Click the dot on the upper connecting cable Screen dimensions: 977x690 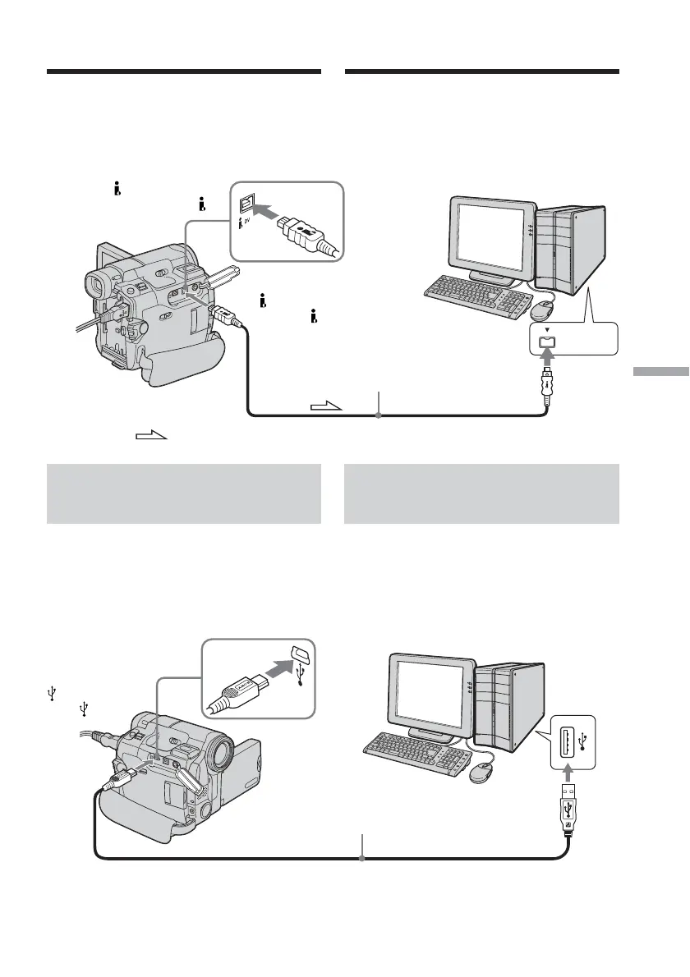(x=378, y=416)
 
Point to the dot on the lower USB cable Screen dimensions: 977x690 (x=362, y=859)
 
